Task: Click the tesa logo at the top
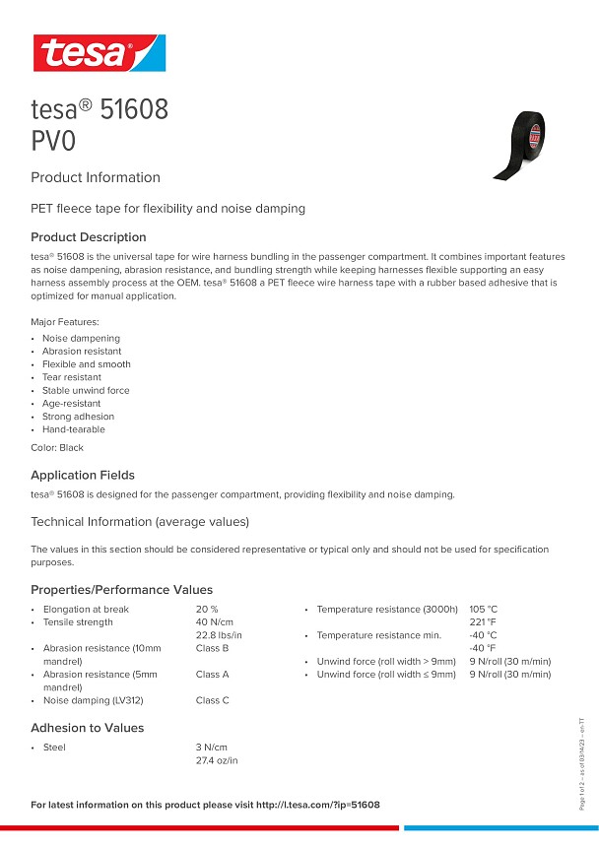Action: coord(99,52)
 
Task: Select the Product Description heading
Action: coord(89,237)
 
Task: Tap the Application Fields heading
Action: coord(83,475)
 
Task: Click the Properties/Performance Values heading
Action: coord(122,590)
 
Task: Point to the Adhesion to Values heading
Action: coord(88,728)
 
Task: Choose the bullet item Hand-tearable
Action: coord(74,429)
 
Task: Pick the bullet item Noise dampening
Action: coord(81,338)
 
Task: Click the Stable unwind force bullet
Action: coord(86,390)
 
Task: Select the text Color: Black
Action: coord(57,447)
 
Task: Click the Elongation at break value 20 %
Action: coord(207,610)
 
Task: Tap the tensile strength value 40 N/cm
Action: coord(215,622)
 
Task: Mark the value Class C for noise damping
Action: coord(213,700)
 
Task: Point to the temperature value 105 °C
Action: coord(484,610)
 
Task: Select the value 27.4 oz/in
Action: coord(218,760)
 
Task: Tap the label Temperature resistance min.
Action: coord(379,635)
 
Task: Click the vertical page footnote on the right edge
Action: coord(582,763)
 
